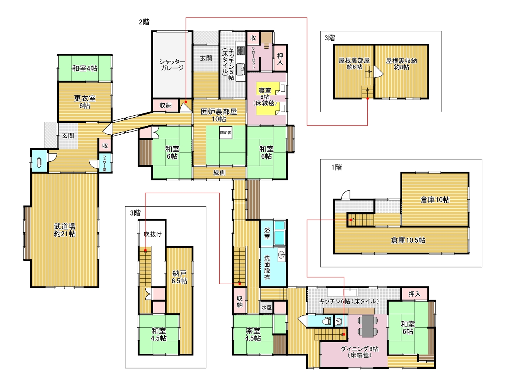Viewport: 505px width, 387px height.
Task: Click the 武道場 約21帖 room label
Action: [65, 230]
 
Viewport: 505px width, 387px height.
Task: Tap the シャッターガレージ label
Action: [172, 65]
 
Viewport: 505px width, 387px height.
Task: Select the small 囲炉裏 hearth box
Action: [226, 133]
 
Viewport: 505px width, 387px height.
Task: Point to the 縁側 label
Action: [219, 173]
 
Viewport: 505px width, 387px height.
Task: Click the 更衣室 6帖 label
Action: [85, 102]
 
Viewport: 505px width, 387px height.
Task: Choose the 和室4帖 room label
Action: [85, 68]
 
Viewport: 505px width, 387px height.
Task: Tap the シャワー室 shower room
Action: [105, 163]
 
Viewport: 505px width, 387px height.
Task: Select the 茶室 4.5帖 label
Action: [253, 334]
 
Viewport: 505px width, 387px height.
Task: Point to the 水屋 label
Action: [266, 307]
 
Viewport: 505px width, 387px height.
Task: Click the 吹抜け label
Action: [152, 234]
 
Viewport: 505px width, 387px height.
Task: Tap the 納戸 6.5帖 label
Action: [179, 277]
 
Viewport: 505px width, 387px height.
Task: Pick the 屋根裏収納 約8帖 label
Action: [401, 64]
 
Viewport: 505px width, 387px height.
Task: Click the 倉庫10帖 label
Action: [435, 200]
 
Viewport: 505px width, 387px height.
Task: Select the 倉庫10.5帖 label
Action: [408, 240]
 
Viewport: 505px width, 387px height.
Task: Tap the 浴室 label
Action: [267, 233]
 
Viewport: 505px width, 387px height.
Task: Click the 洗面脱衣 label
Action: [267, 267]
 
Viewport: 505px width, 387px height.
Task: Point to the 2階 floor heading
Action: [144, 22]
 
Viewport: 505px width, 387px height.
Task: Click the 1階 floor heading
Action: [336, 167]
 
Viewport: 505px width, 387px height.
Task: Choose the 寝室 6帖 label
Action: [265, 96]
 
